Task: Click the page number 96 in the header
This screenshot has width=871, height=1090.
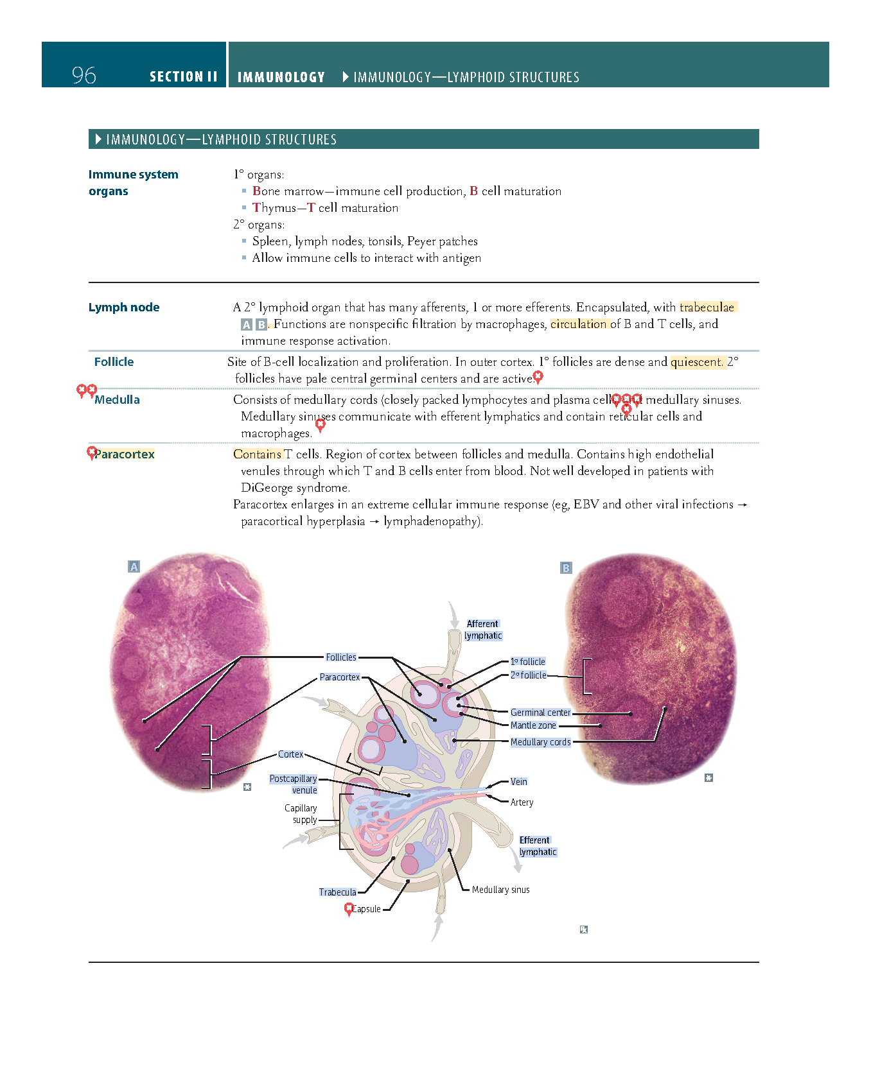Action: (x=84, y=76)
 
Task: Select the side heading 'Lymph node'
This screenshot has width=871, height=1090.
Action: (x=124, y=307)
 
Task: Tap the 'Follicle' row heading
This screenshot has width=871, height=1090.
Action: (x=114, y=362)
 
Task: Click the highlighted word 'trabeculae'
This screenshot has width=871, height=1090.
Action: (x=707, y=307)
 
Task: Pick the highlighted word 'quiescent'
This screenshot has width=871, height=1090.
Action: (x=697, y=362)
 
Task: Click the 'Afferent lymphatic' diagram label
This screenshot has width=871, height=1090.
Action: (x=483, y=630)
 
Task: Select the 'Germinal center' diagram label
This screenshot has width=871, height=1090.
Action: (x=540, y=713)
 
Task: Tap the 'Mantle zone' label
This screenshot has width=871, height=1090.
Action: (x=533, y=725)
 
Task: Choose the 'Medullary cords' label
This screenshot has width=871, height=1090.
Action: (x=540, y=742)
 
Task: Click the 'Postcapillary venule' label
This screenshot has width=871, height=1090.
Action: (x=294, y=784)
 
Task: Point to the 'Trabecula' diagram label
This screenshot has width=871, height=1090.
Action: (x=338, y=892)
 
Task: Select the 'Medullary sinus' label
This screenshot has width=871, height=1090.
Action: (x=500, y=890)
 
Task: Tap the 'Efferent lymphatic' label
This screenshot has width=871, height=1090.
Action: (x=537, y=846)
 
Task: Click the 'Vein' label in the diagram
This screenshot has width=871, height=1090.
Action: (x=519, y=782)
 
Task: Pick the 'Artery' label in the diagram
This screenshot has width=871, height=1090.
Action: (x=522, y=802)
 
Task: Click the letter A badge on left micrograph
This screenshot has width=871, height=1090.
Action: (x=134, y=567)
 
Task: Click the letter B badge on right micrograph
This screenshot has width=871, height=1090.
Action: (x=566, y=568)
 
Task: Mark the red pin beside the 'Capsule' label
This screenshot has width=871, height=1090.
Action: (x=349, y=908)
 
